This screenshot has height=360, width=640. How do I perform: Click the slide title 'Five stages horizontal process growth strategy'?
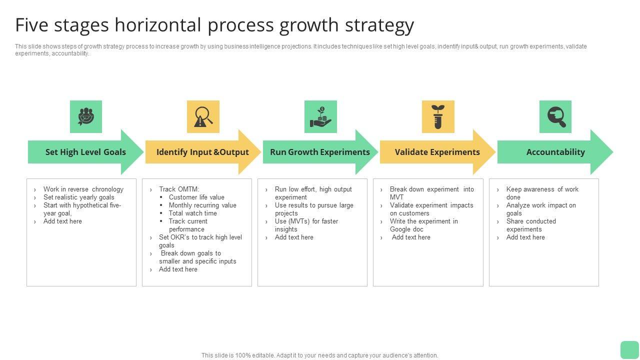(x=214, y=25)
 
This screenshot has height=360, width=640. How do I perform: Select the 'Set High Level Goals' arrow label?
(x=85, y=152)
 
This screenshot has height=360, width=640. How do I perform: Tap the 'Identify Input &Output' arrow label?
(x=202, y=152)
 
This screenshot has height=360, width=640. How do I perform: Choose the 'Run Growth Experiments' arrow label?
(x=320, y=152)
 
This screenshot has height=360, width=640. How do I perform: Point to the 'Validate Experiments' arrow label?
(x=437, y=152)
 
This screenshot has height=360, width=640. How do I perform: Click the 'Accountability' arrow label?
(x=555, y=152)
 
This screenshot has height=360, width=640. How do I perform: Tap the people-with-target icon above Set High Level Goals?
(x=86, y=116)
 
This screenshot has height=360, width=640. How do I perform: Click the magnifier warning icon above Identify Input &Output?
(x=203, y=116)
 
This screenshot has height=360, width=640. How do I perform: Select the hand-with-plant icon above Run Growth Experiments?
(x=320, y=116)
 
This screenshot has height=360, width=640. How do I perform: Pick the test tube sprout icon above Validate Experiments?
(x=438, y=116)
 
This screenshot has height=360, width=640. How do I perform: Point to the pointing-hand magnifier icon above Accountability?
(x=555, y=116)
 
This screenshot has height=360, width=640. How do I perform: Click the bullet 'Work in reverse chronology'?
(x=83, y=189)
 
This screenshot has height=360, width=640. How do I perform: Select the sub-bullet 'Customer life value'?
(x=196, y=197)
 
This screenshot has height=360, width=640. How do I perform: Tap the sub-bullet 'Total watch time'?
(x=192, y=213)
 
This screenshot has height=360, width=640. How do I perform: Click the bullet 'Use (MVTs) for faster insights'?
(x=306, y=225)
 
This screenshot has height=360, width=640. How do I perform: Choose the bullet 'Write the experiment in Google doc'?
(x=423, y=225)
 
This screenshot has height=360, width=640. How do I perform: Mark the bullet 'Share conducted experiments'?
(x=530, y=225)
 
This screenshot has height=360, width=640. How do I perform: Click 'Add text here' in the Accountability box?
(x=525, y=237)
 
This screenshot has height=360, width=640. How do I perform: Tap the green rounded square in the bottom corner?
(x=629, y=349)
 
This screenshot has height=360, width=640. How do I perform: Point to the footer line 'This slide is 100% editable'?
(x=319, y=355)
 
